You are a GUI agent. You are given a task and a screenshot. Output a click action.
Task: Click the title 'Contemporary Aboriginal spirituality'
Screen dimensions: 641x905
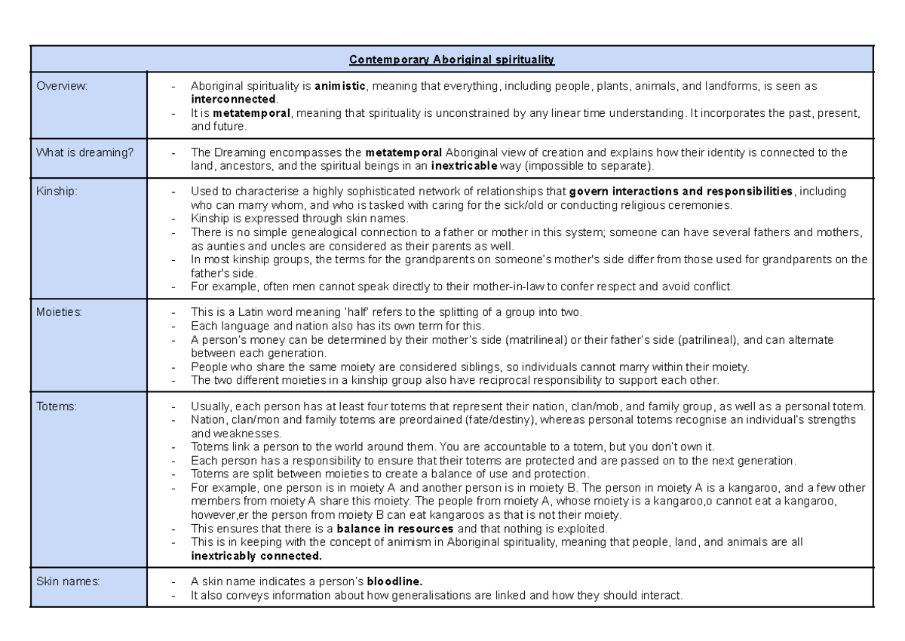click(451, 60)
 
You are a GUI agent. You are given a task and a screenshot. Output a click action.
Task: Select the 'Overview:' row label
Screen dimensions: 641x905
click(63, 87)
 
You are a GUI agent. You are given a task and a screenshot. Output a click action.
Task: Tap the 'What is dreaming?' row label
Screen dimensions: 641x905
click(84, 152)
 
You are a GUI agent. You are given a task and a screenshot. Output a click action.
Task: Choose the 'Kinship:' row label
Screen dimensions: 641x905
click(58, 192)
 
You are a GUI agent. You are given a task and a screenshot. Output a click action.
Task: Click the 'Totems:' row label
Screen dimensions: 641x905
click(57, 406)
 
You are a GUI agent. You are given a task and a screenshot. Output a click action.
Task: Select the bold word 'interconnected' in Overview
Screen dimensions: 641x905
click(234, 99)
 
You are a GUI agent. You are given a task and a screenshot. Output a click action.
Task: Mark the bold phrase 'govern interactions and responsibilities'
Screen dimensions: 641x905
click(680, 192)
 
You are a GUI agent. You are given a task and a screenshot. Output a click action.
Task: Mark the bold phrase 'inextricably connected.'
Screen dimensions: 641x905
click(256, 557)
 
